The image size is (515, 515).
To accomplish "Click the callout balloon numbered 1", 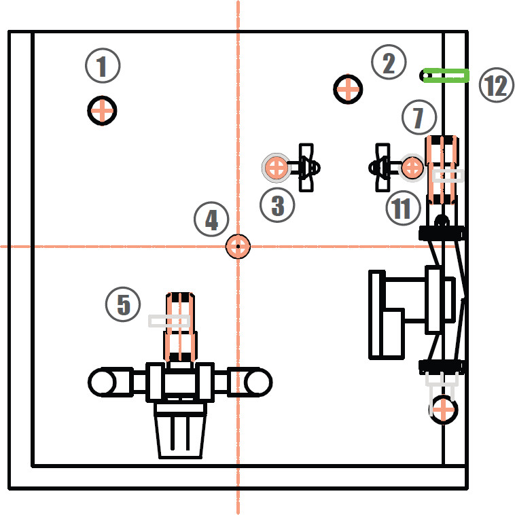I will pyautogui.click(x=103, y=67).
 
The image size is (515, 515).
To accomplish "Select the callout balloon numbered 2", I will pyautogui.click(x=389, y=64).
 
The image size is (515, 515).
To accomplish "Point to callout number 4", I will pyautogui.click(x=211, y=219).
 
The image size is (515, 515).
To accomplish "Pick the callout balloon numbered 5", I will pyautogui.click(x=123, y=304).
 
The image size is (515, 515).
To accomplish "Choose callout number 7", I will pyautogui.click(x=418, y=118).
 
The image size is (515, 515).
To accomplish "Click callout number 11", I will pyautogui.click(x=402, y=208).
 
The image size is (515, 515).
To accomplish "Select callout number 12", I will pyautogui.click(x=496, y=86).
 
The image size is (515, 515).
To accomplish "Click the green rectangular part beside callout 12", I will pyautogui.click(x=446, y=75).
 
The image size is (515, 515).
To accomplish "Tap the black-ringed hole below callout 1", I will pyautogui.click(x=102, y=110).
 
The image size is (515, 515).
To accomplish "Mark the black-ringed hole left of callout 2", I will pyautogui.click(x=349, y=89).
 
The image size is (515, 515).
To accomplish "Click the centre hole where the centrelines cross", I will pyautogui.click(x=238, y=246).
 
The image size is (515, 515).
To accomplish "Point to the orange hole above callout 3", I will pyautogui.click(x=276, y=167).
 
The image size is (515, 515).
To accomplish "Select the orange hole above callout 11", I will pyautogui.click(x=412, y=167).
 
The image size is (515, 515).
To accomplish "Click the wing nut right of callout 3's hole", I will pyautogui.click(x=306, y=166).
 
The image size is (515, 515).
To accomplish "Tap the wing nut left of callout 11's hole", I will pyautogui.click(x=381, y=166).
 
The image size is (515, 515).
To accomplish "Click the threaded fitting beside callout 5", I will pyautogui.click(x=181, y=327).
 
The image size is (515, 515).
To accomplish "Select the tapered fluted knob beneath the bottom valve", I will pyautogui.click(x=180, y=431).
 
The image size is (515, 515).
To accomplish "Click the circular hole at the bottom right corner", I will pyautogui.click(x=443, y=410).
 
